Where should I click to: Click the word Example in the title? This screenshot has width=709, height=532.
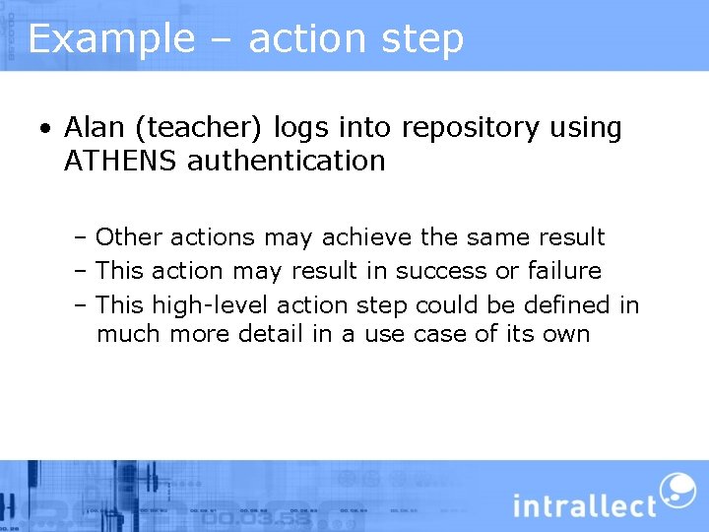[x=111, y=38]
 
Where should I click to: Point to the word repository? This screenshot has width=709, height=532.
[x=457, y=128]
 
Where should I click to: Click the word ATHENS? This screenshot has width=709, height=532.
[x=120, y=161]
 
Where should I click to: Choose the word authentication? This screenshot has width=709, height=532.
[x=287, y=161]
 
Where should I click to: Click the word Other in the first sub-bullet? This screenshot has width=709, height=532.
[x=129, y=237]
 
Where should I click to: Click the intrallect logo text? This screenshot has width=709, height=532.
[x=584, y=505]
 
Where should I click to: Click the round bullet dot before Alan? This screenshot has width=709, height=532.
[x=45, y=129]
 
